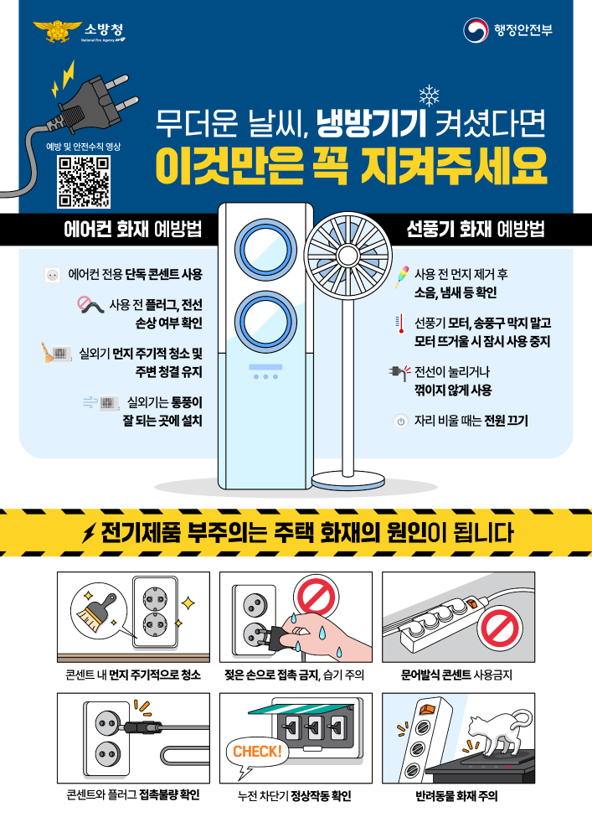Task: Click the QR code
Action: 84,182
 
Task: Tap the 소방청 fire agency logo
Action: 80,33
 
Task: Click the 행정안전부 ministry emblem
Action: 476,31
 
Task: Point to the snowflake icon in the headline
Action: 428,97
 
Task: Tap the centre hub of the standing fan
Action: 347,253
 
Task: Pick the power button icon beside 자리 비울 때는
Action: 399,422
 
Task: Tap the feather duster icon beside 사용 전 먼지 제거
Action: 400,276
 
